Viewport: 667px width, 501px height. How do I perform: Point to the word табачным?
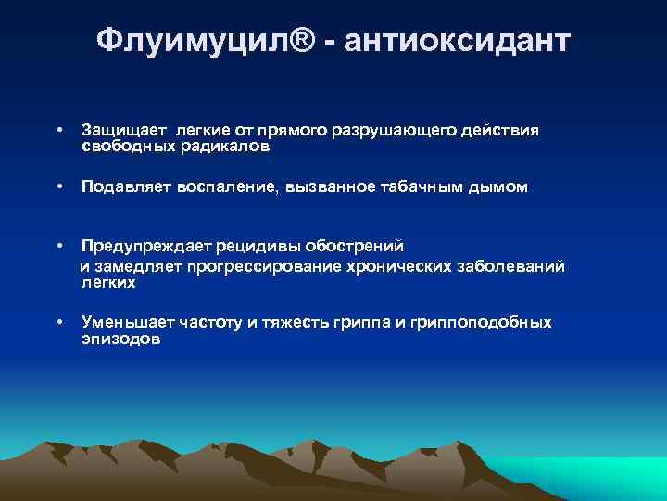click(x=422, y=187)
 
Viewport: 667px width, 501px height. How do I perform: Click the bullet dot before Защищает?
click(x=59, y=131)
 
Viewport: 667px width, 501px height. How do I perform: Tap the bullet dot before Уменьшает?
click(x=59, y=322)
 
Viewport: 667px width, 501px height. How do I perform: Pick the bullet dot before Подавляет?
click(x=59, y=187)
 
